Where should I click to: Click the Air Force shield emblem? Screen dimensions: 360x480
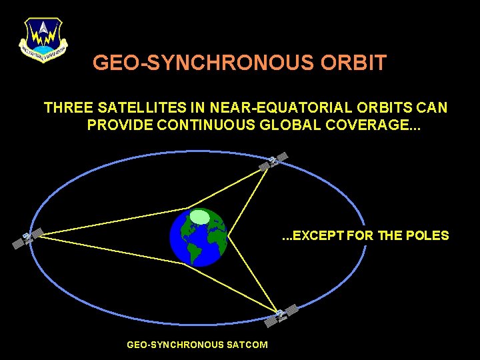tap(43, 39)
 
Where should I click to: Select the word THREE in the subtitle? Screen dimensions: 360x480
tap(67, 107)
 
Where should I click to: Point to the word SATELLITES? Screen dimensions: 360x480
tap(138, 107)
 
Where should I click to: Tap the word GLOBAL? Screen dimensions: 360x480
tap(291, 125)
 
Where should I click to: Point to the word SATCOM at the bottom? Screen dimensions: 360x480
tap(246, 345)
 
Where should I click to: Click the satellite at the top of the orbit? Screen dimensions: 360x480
tap(274, 161)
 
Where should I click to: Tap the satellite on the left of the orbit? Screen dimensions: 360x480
tap(27, 238)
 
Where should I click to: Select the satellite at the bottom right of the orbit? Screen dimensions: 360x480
tap(281, 315)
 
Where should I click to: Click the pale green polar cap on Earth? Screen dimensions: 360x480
tap(199, 217)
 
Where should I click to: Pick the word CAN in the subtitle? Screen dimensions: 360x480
tap(434, 107)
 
